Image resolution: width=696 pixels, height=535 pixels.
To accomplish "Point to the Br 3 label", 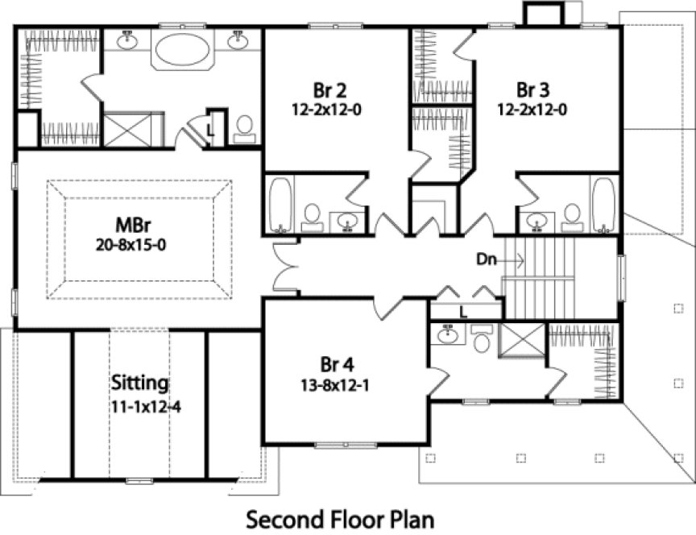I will click(x=532, y=88).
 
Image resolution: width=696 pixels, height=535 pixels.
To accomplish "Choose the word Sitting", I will click(x=140, y=381).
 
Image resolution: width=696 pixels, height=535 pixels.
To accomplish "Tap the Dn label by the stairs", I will click(x=486, y=260).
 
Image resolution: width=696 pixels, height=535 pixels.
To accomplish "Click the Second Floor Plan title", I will click(x=339, y=516).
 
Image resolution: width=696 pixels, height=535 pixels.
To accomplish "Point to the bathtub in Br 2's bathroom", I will click(x=280, y=204).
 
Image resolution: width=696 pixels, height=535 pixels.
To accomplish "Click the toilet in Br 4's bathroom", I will click(x=482, y=342).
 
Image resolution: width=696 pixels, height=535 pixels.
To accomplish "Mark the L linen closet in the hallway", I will click(x=464, y=310).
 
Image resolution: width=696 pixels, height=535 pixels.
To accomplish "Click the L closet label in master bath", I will click(x=209, y=129).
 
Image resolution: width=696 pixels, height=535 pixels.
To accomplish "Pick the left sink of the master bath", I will click(x=127, y=38).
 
